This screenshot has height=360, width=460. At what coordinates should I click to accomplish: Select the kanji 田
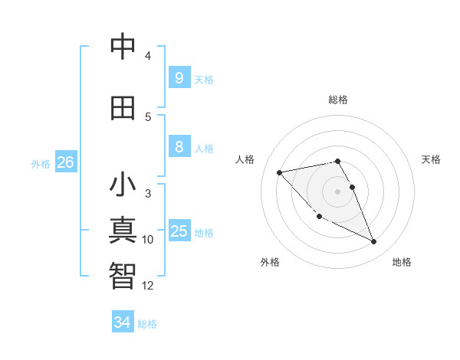tap(123, 108)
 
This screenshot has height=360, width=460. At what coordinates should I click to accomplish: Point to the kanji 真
tap(123, 230)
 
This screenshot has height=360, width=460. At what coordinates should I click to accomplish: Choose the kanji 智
tap(123, 273)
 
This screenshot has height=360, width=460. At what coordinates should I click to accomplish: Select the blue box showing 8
tap(179, 146)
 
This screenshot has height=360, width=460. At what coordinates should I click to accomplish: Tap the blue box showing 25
tap(179, 231)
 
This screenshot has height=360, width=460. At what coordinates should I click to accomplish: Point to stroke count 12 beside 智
tap(148, 286)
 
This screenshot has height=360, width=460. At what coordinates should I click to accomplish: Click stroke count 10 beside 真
tap(148, 240)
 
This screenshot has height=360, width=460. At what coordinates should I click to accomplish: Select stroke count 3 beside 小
tap(148, 194)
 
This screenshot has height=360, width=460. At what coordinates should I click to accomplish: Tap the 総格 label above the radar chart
tap(338, 100)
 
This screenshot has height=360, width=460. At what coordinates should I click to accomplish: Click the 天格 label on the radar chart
tap(432, 159)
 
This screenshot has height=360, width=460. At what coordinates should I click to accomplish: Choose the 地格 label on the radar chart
tap(402, 262)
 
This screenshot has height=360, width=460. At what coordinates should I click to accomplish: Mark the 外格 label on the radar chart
tap(270, 262)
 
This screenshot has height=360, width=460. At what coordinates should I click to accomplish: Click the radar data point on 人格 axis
tap(279, 172)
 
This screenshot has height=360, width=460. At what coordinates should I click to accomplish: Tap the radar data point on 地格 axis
tap(374, 242)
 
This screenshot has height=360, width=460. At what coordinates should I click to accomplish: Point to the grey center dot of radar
tap(338, 191)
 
